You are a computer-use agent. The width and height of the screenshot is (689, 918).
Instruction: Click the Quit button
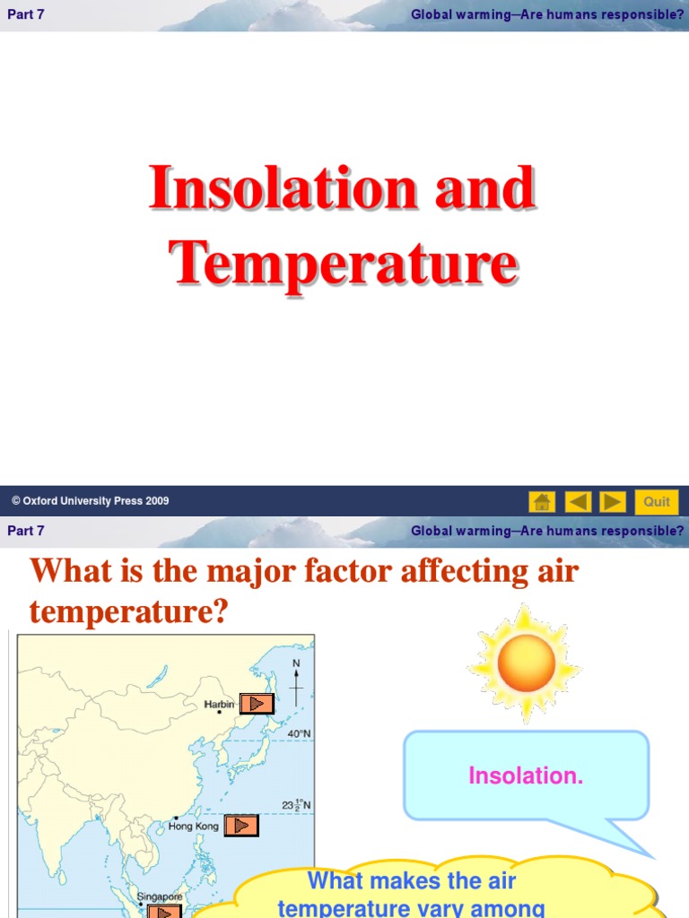tap(657, 501)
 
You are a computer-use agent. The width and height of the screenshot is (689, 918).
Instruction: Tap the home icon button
tap(542, 501)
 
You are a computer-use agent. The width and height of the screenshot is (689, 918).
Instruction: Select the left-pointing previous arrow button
tap(579, 501)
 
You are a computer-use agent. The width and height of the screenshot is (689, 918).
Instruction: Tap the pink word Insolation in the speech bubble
tap(526, 776)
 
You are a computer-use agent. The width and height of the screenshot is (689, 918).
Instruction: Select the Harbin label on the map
tap(220, 705)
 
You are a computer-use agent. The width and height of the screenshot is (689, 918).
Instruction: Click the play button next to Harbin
tap(257, 704)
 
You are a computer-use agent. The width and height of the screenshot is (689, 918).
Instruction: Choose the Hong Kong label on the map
tap(194, 826)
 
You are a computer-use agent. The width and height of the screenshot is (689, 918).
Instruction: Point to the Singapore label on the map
tap(160, 896)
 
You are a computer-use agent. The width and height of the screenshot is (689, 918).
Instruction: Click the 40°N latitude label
tap(299, 733)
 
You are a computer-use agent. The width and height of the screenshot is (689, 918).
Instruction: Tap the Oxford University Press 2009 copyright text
tap(90, 501)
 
